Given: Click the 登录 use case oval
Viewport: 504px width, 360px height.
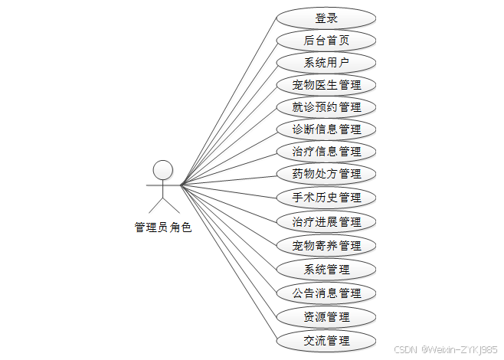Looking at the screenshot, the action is [326, 18].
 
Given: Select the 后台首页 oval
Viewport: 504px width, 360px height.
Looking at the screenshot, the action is [326, 41].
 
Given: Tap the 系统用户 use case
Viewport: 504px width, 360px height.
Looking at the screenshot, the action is [326, 63].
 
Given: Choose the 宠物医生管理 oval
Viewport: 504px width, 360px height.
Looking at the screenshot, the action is [326, 84].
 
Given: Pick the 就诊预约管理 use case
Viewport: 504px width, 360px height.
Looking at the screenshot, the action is [326, 106].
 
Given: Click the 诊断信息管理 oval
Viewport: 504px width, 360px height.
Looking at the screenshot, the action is [326, 129].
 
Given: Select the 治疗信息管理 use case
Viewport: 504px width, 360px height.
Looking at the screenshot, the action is [326, 151].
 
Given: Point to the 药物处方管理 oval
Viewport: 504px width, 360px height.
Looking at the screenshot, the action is [326, 174].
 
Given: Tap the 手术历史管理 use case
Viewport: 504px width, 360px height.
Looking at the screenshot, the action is [326, 198].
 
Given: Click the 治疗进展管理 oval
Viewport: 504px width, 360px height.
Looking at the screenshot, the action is [326, 222].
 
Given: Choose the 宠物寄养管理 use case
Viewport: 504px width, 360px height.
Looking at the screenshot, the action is [326, 246].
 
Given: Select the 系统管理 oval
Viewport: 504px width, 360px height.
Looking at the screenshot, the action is [326, 270].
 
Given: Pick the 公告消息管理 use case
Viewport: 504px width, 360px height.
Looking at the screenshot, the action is [326, 293].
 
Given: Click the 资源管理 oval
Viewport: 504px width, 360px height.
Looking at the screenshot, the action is [326, 317].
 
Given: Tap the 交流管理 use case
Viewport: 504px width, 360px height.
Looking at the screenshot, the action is [326, 341].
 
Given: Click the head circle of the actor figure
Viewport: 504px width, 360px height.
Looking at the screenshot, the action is [162, 169].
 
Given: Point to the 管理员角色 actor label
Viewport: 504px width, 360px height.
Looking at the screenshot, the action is [162, 227].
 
